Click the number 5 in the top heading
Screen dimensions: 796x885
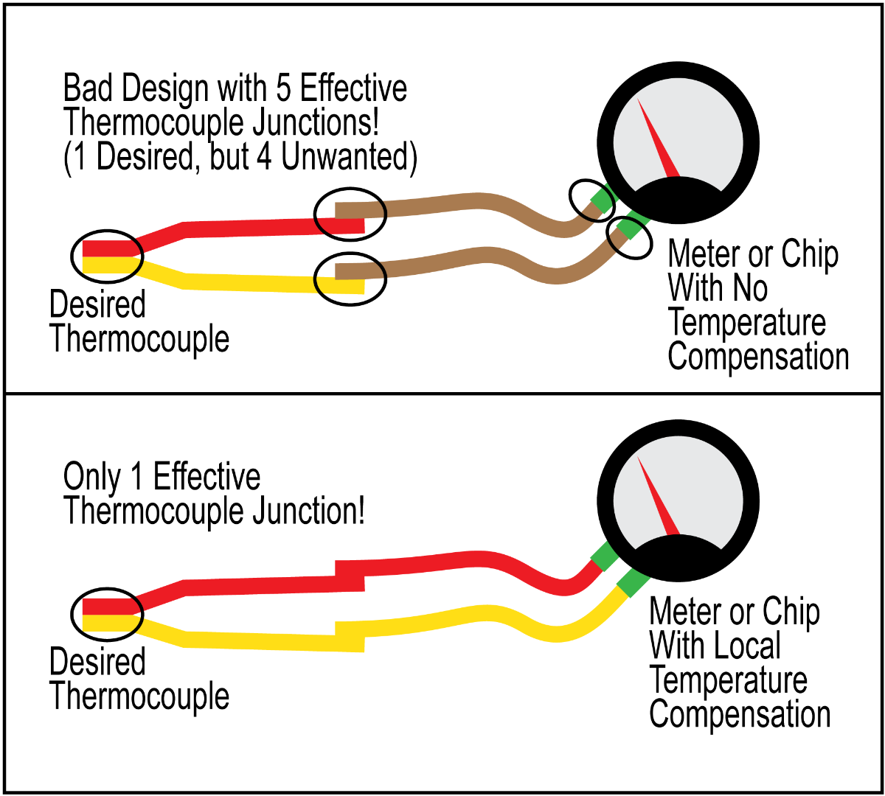[284, 89]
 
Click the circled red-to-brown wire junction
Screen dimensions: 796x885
[350, 214]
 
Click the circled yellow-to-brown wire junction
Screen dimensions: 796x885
[350, 278]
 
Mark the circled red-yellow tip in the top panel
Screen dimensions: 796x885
[107, 256]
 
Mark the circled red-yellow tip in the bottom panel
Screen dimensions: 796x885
[107, 615]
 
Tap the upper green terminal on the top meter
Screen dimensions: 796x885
[601, 200]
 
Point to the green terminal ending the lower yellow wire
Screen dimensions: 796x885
[632, 582]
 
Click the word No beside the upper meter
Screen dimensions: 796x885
[749, 288]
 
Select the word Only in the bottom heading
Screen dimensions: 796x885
[91, 477]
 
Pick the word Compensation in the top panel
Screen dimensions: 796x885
[758, 357]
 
